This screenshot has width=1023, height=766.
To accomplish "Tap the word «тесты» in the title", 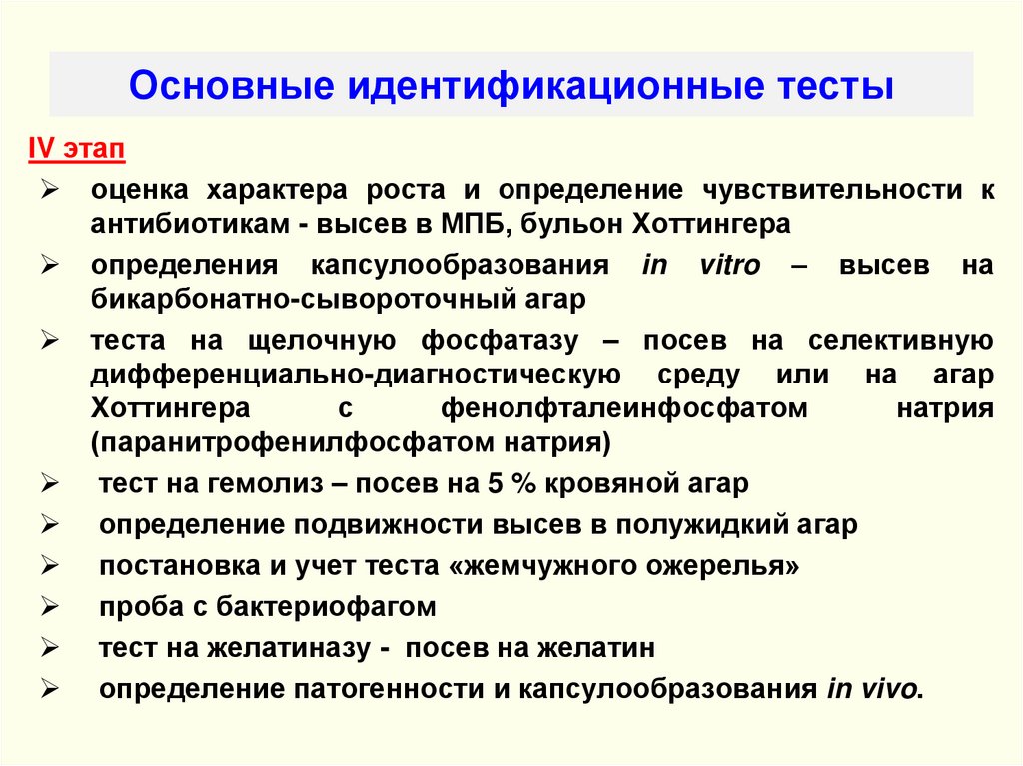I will (835, 85).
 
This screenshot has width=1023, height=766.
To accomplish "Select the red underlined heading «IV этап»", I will (75, 150).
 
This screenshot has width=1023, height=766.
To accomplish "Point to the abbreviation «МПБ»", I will (474, 223).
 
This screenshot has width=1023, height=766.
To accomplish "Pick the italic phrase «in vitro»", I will (700, 265).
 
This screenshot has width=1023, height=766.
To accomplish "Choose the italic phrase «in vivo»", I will (870, 690).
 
